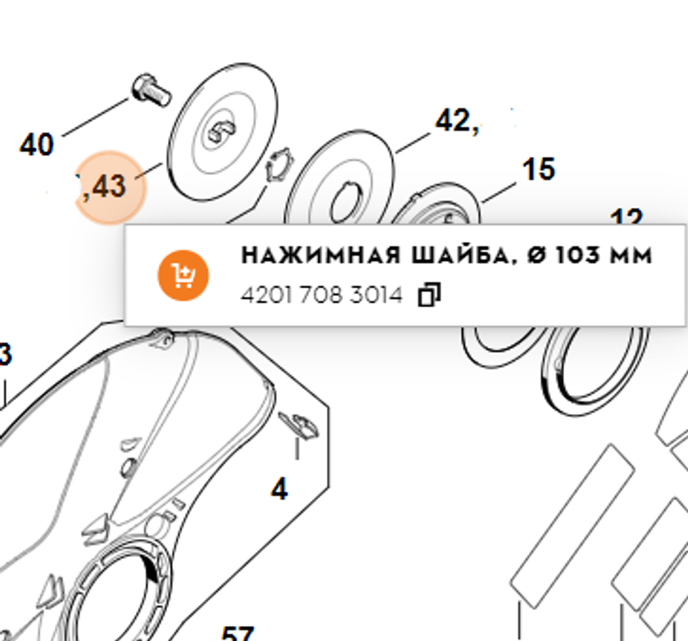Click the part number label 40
click(x=36, y=145)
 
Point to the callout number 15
click(x=538, y=169)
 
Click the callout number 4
click(x=279, y=490)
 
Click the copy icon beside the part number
click(x=429, y=295)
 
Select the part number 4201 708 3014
click(x=321, y=295)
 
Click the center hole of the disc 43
click(x=221, y=129)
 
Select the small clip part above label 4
click(x=300, y=425)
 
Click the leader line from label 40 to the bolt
click(x=96, y=117)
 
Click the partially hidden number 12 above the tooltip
click(x=626, y=218)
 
